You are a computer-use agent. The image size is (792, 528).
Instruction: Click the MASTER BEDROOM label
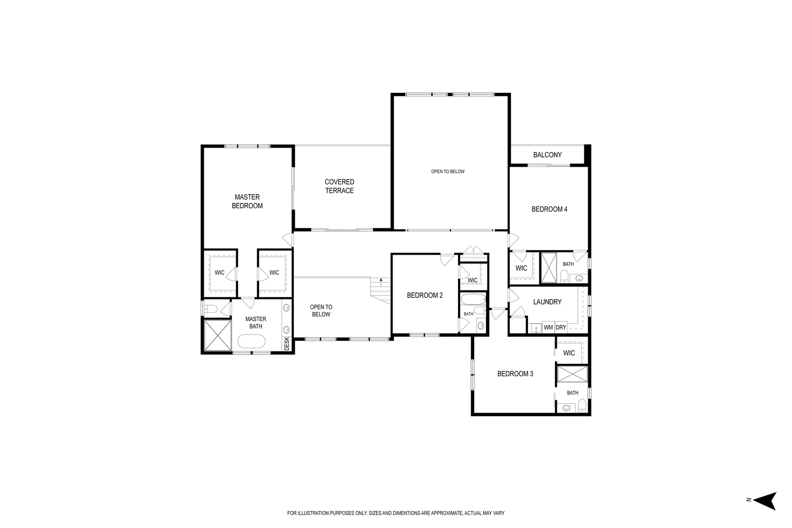point(247,201)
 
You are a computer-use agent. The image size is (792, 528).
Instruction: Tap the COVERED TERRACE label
point(339,186)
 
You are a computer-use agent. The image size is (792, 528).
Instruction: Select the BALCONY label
point(547,155)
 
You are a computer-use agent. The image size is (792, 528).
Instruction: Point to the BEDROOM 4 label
point(549,209)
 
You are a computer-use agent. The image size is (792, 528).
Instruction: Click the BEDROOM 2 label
point(425,295)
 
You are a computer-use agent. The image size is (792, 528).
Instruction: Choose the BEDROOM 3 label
point(515,374)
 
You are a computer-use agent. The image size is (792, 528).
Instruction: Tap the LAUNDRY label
point(547,302)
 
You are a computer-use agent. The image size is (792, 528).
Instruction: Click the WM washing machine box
point(548,328)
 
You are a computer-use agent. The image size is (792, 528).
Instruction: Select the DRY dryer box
point(561,328)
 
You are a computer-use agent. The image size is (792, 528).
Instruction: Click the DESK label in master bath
point(286,344)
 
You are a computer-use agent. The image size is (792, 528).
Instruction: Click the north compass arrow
point(765,500)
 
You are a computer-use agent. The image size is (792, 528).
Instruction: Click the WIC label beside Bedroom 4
point(521,268)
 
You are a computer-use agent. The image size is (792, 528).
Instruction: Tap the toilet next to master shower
point(210,308)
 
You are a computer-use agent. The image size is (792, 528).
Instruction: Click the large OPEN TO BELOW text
point(447,172)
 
